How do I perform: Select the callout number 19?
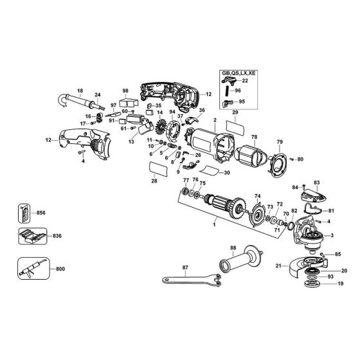pyautogui.click(x=341, y=283)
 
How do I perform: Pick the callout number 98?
pyautogui.click(x=125, y=90)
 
